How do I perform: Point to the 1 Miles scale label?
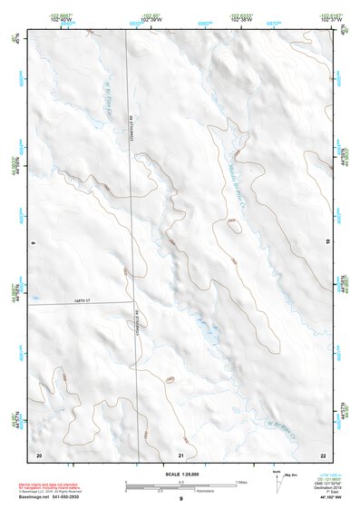point(242,482)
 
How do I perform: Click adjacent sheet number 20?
point(38,454)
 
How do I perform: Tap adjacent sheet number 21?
point(181,455)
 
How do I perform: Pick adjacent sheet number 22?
point(323,454)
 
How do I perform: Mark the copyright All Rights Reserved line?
point(55,492)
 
